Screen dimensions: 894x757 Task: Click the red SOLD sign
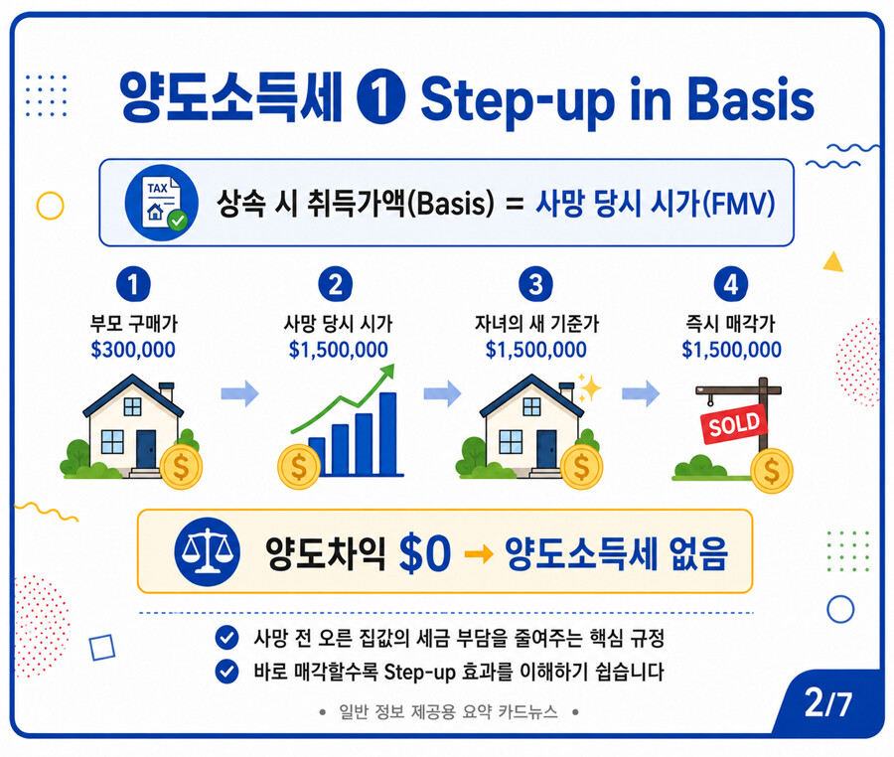[x=733, y=423]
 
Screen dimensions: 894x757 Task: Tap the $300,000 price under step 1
[x=133, y=350]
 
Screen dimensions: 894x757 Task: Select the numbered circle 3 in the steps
[x=535, y=284]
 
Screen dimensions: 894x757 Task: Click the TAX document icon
[x=161, y=203]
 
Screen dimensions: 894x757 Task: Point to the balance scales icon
[x=207, y=551]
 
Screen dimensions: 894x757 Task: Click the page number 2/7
[x=827, y=703]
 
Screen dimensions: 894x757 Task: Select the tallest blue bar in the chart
[x=387, y=433]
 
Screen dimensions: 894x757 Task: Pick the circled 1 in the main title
[x=380, y=98]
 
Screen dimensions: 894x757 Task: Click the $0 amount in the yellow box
[x=425, y=553]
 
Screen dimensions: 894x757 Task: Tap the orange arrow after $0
[x=479, y=553]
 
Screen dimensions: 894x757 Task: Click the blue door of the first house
[x=146, y=449]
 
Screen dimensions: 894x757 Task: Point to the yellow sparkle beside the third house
[x=589, y=387]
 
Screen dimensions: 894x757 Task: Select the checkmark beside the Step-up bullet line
[x=226, y=671]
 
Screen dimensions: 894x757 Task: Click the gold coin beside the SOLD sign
[x=772, y=471]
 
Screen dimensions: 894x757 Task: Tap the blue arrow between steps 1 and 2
[x=239, y=392]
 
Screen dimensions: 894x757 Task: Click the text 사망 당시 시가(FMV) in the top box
[x=656, y=203]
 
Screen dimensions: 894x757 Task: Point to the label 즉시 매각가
[x=730, y=323]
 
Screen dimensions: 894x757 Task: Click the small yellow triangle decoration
[x=833, y=262]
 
